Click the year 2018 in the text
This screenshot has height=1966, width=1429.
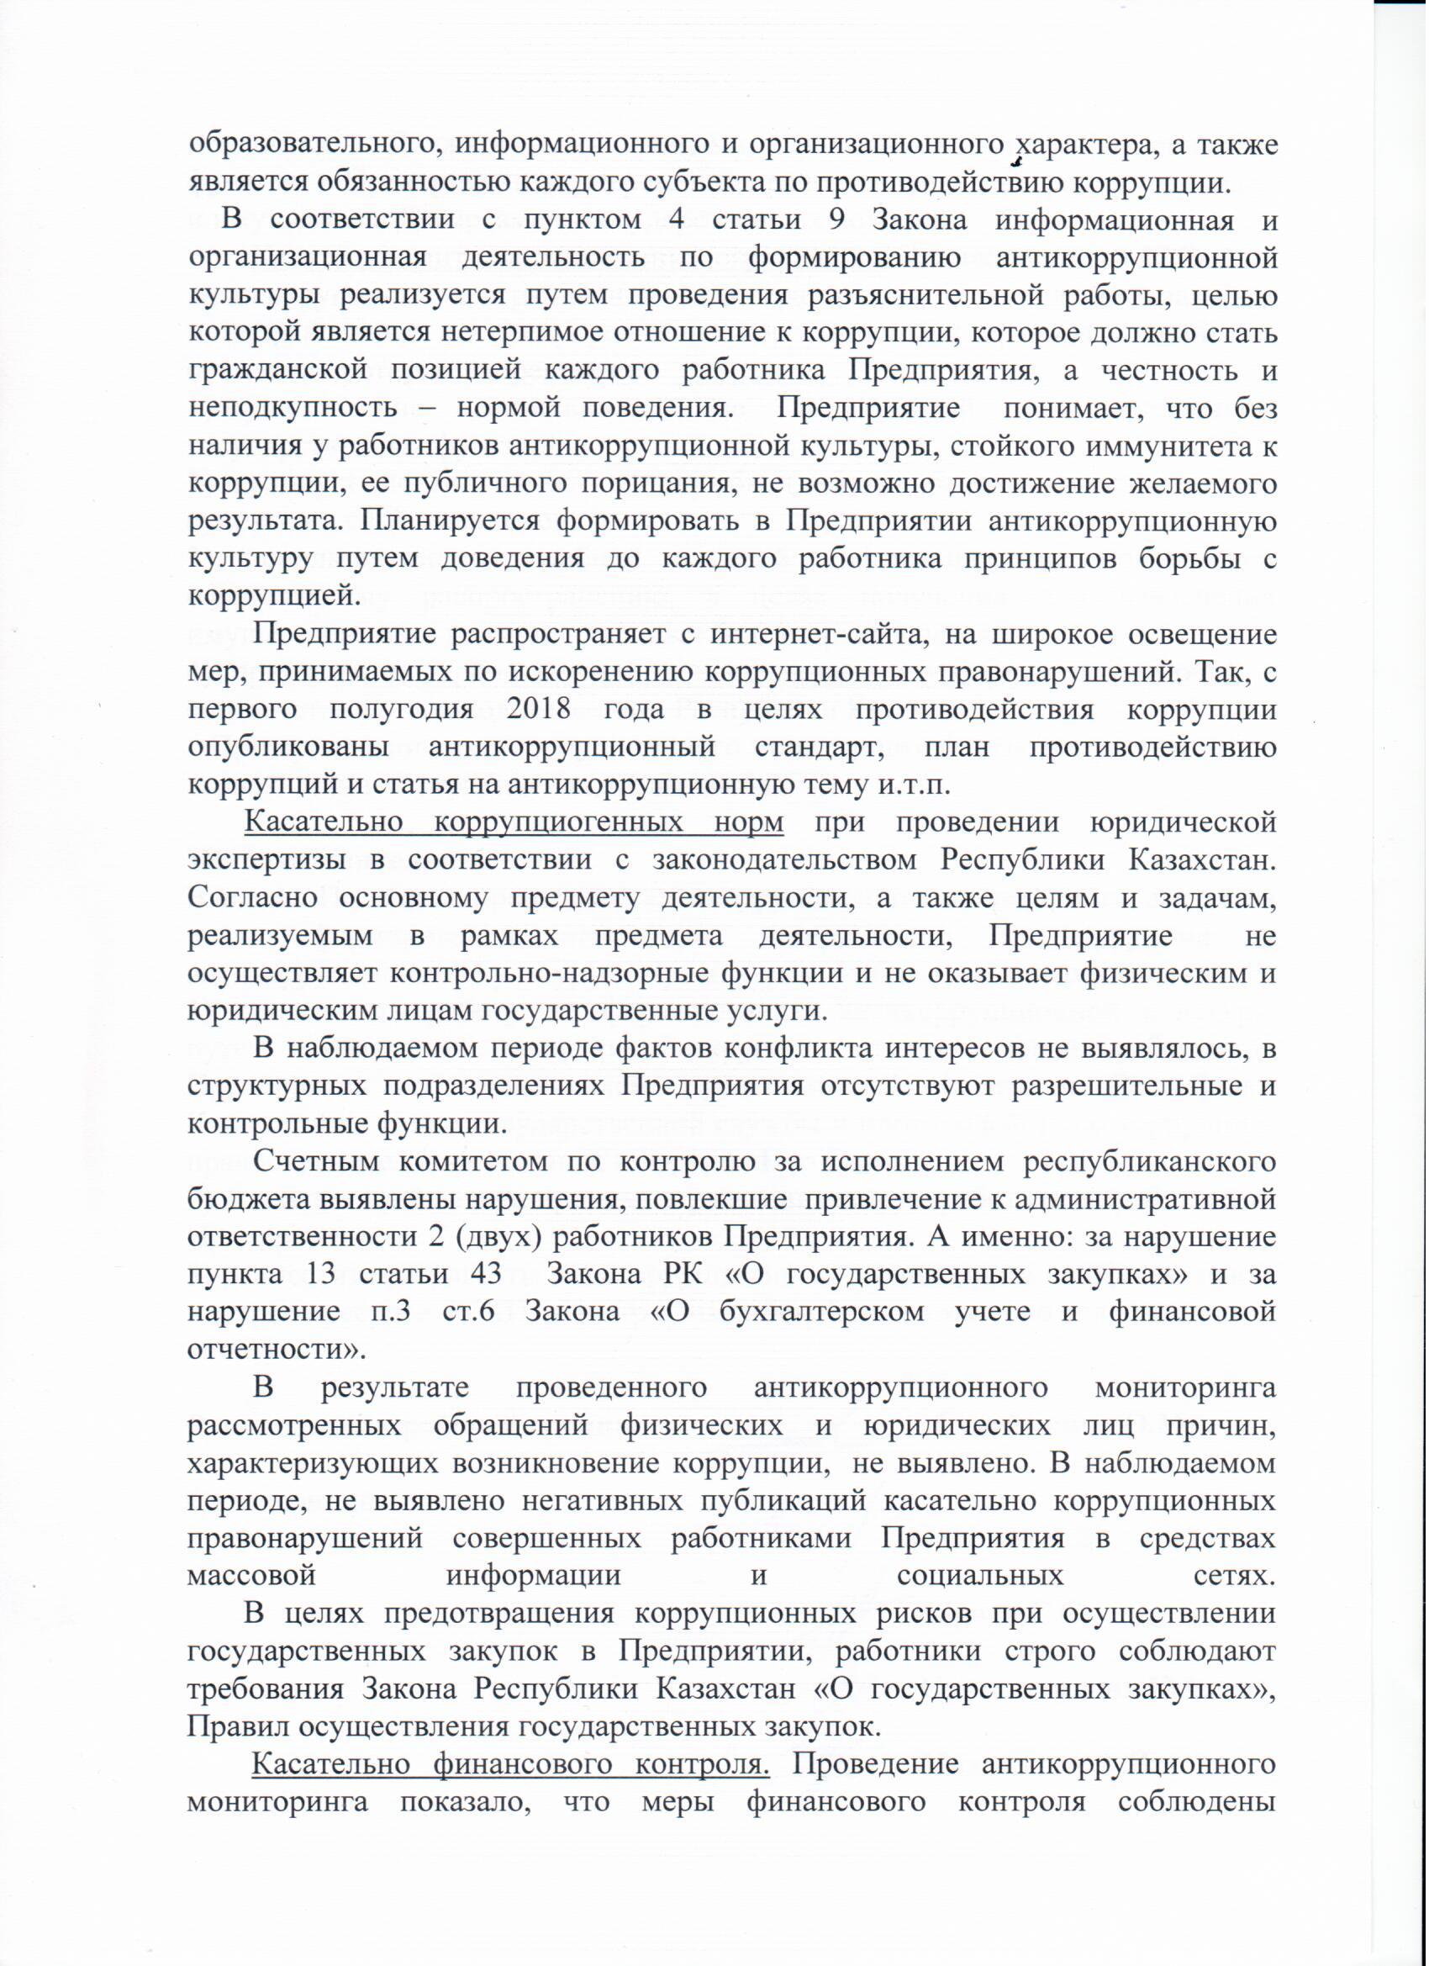pyautogui.click(x=538, y=710)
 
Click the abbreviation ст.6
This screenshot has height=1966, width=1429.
pyautogui.click(x=468, y=1311)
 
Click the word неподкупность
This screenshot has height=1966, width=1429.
pyautogui.click(x=293, y=410)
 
